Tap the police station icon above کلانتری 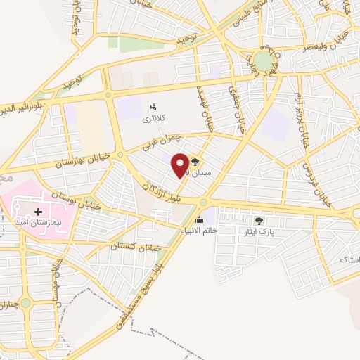[x=153, y=107]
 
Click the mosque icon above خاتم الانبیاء [x=200, y=221]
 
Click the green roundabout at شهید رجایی [x=264, y=61]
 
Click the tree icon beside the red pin [x=195, y=161]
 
